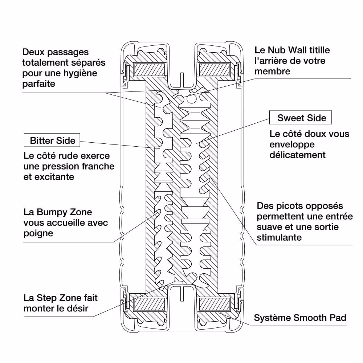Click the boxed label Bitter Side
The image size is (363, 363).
tap(53, 140)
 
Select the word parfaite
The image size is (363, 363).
tap(38, 84)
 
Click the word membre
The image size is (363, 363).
tap(272, 71)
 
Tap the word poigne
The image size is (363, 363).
tap(38, 233)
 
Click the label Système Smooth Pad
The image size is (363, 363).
tap(300, 318)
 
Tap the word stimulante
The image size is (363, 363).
tap(279, 238)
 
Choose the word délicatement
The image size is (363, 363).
tap(297, 155)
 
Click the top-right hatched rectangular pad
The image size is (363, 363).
tap(214, 69)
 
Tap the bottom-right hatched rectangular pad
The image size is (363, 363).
tap(214, 304)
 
